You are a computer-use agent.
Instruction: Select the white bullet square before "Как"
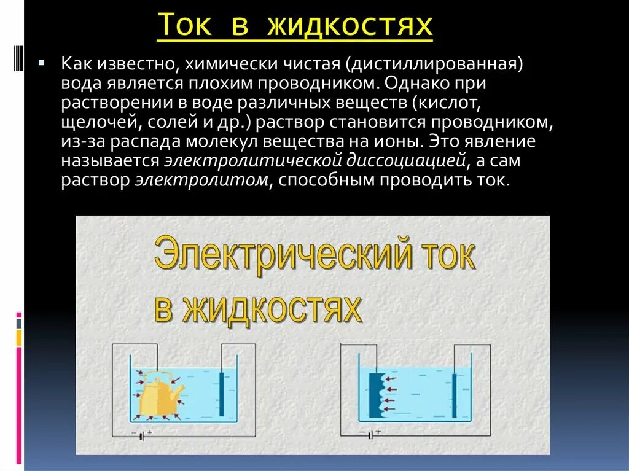point(41,63)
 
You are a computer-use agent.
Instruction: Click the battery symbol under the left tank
point(143,435)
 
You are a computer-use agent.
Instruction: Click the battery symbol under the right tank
point(370,435)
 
